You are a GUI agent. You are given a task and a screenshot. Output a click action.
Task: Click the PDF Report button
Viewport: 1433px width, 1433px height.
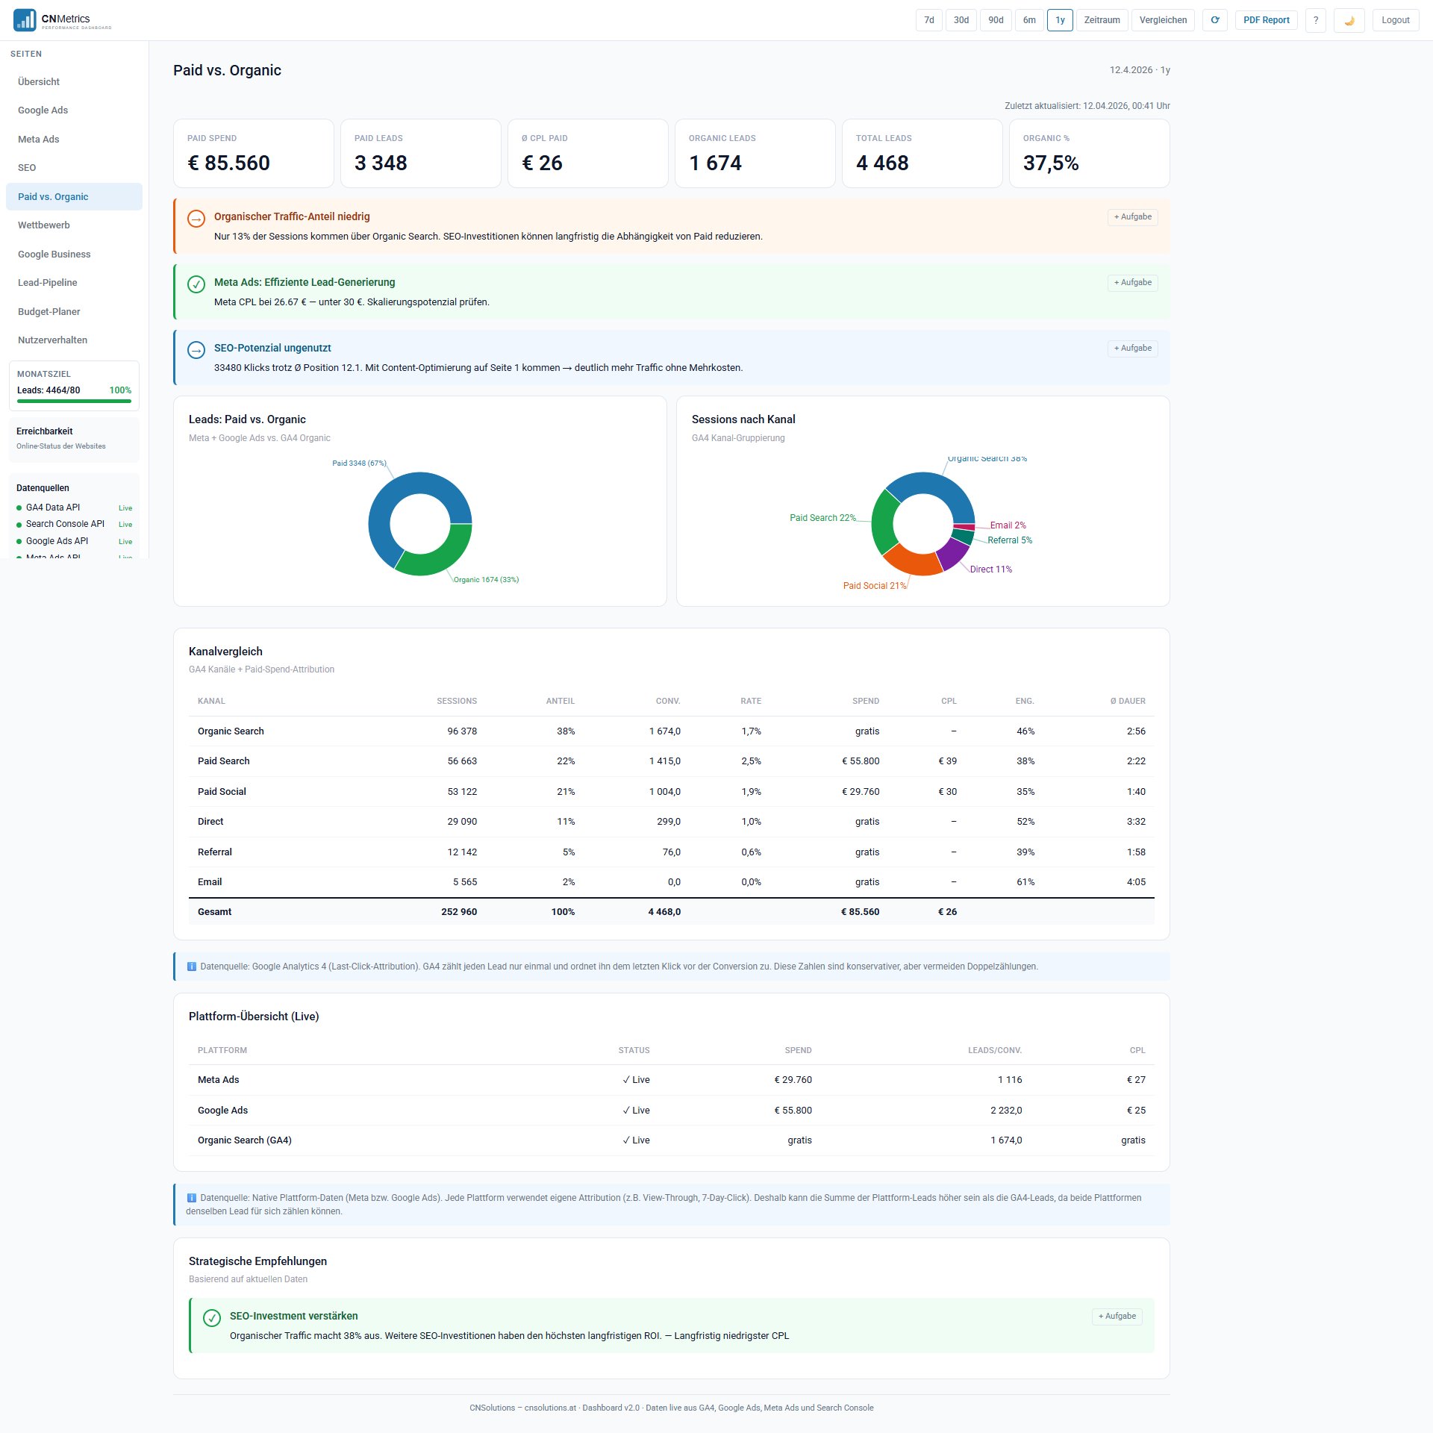[x=1266, y=20]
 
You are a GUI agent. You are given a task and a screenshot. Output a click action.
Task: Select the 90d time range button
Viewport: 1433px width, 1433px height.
[x=996, y=20]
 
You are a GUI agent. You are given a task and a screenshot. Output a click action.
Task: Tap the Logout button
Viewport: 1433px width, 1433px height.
[x=1395, y=20]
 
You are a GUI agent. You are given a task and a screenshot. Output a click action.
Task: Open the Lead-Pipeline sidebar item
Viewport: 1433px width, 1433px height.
[x=48, y=283]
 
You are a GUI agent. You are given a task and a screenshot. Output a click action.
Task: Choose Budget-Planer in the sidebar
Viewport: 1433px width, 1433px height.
[x=49, y=311]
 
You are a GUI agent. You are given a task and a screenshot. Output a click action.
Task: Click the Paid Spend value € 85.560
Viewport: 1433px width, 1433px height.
[x=228, y=163]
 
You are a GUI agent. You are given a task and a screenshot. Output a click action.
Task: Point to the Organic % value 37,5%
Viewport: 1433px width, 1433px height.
[x=1051, y=163]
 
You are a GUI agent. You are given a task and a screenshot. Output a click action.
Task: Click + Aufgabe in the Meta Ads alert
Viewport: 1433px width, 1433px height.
[x=1132, y=282]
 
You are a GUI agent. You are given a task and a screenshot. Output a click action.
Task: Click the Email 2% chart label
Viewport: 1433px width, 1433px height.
[x=1008, y=525]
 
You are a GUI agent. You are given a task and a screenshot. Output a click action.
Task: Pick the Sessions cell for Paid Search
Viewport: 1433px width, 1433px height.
[x=462, y=761]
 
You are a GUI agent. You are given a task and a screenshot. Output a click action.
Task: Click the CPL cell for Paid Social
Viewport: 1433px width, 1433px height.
[x=947, y=792]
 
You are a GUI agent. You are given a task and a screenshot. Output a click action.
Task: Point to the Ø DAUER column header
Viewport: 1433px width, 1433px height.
[x=1127, y=701]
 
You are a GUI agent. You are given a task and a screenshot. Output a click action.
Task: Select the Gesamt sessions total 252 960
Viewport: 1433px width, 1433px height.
[x=458, y=912]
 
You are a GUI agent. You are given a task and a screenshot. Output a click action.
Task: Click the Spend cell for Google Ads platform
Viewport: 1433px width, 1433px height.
[x=793, y=1111]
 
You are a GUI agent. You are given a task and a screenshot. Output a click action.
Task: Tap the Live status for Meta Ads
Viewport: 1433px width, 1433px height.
[x=636, y=1080]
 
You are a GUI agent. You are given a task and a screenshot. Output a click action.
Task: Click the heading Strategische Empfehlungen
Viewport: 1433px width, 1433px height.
[x=257, y=1261]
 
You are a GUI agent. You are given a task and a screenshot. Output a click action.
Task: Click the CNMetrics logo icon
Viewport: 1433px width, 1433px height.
[x=25, y=20]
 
